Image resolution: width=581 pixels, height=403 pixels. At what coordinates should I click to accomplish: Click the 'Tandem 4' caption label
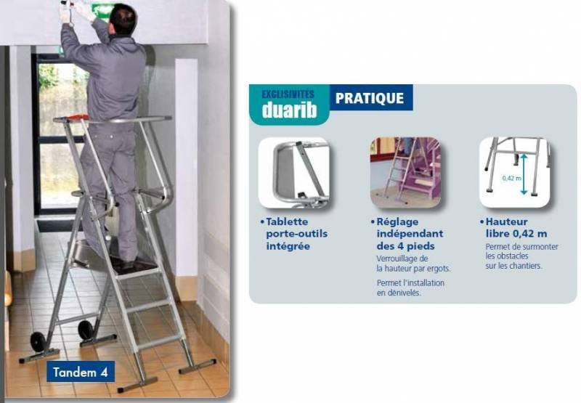click(81, 372)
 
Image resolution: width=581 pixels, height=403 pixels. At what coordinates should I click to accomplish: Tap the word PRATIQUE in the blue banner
click(370, 98)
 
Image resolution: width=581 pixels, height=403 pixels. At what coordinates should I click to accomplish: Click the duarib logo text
click(289, 110)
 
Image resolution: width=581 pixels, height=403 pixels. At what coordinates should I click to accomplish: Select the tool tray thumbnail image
click(294, 173)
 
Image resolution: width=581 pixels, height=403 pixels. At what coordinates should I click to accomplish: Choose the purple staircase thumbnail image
click(405, 173)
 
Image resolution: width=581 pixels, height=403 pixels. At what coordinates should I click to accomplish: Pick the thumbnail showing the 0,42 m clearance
click(515, 173)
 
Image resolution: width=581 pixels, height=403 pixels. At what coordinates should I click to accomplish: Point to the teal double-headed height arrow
click(524, 174)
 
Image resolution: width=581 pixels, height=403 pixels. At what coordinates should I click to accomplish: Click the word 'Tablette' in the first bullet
click(287, 221)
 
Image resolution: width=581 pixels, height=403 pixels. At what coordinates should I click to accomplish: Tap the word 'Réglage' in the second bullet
click(397, 222)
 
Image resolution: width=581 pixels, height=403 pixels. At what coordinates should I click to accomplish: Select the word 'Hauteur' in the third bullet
click(506, 221)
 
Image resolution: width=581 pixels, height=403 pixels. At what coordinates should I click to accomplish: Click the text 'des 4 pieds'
click(406, 246)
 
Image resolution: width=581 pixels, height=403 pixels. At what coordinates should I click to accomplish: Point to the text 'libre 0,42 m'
click(516, 234)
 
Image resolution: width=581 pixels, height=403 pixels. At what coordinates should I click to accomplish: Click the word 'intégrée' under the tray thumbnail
click(288, 246)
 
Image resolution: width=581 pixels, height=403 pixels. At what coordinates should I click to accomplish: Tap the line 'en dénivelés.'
click(399, 293)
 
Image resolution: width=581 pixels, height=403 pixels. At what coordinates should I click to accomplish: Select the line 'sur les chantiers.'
click(513, 266)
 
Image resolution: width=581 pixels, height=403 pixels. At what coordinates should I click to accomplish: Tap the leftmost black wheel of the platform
click(38, 342)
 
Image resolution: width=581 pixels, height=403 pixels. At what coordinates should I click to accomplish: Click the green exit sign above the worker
click(102, 10)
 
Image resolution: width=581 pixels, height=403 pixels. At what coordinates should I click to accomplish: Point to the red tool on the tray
click(78, 118)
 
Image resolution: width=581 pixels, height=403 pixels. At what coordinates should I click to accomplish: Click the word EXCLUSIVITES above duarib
click(288, 94)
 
